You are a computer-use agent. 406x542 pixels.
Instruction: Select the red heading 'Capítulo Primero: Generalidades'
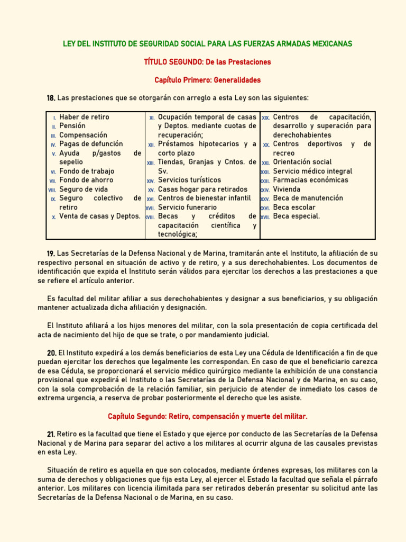(x=207, y=80)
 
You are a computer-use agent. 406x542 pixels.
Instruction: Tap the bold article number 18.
(x=51, y=98)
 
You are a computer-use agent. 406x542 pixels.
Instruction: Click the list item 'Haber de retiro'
(x=84, y=117)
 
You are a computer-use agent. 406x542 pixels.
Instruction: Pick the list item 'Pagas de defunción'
(x=91, y=144)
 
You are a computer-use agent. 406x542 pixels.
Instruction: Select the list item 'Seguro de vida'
(x=84, y=189)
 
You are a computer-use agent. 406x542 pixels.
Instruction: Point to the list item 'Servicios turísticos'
(x=189, y=180)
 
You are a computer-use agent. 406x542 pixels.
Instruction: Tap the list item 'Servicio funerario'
(x=187, y=207)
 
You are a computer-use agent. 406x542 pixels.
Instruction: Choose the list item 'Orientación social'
(x=302, y=162)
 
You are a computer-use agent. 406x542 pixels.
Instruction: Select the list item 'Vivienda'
(x=287, y=189)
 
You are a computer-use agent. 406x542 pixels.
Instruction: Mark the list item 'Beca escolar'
(x=294, y=207)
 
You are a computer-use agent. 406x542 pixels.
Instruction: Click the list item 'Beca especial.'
(x=296, y=216)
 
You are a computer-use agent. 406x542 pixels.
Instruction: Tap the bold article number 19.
(x=51, y=254)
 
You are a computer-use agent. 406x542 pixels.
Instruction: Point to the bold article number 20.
(x=51, y=353)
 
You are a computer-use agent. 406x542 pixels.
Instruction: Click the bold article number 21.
(x=51, y=435)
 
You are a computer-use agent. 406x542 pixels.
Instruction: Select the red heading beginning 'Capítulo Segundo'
(x=207, y=417)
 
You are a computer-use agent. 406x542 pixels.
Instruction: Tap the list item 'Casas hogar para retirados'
(x=202, y=189)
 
